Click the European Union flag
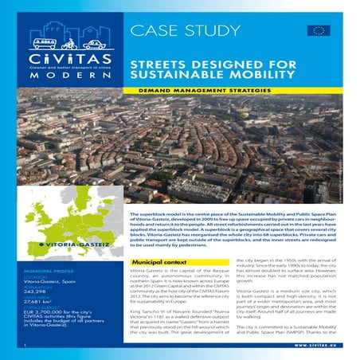[319, 31]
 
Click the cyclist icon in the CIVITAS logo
[69, 44]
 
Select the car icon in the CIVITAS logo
[94, 45]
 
